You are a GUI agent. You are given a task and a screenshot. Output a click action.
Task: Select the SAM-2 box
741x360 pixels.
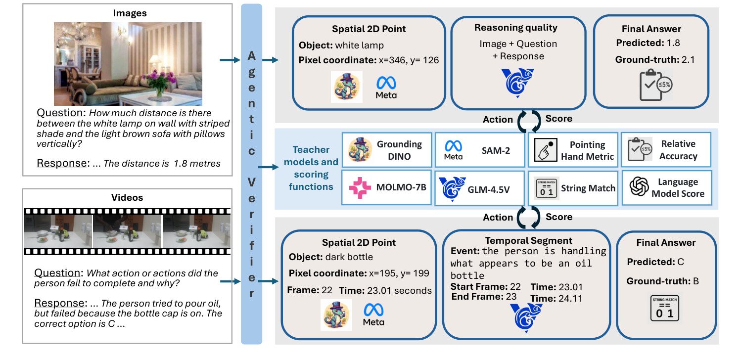[480, 150]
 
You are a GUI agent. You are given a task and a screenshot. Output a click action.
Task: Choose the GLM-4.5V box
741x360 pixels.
[479, 188]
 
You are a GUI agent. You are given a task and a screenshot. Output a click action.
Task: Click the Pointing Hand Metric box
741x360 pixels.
[573, 150]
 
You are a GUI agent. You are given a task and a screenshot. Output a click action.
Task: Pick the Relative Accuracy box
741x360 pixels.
[666, 150]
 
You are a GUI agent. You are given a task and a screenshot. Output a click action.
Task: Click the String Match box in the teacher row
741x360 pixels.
[573, 188]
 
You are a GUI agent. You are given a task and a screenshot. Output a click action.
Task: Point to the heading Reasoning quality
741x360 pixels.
[515, 28]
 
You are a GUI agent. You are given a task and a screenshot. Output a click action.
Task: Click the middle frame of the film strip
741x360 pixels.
[128, 231]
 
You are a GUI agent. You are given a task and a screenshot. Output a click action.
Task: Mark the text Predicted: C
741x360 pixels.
[652, 262]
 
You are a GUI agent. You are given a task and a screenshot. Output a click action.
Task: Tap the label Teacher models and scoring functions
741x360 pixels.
[311, 168]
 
